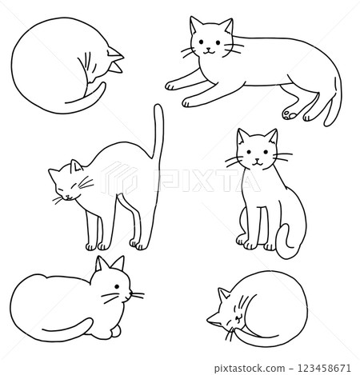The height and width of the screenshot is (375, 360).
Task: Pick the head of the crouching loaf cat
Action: click(112, 285)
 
